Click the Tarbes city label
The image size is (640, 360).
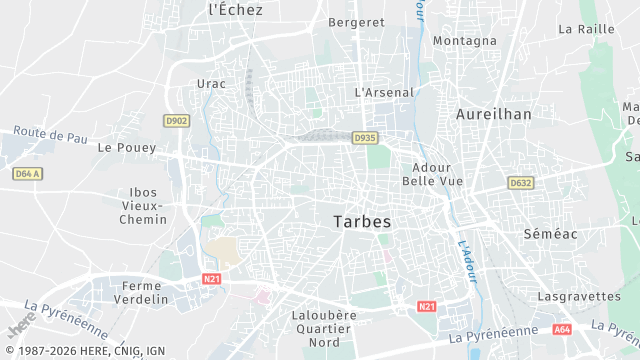point(361,221)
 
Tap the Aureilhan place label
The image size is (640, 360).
point(494,114)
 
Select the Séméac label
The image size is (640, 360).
point(551,232)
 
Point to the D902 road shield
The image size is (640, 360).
point(176,120)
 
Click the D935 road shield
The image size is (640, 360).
point(366,138)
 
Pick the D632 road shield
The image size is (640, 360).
point(521,183)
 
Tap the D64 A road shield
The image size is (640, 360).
point(28,174)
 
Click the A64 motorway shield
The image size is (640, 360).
point(563,328)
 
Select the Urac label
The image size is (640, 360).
point(212,84)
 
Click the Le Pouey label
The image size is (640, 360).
point(127,146)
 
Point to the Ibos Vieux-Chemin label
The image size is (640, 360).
point(144,206)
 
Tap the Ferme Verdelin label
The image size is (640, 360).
point(141,292)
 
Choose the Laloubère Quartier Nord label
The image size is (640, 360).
point(323,328)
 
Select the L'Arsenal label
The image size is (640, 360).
point(384,92)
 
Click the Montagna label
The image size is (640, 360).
point(464,41)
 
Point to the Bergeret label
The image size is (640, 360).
point(357,21)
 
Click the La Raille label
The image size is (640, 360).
point(586,29)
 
